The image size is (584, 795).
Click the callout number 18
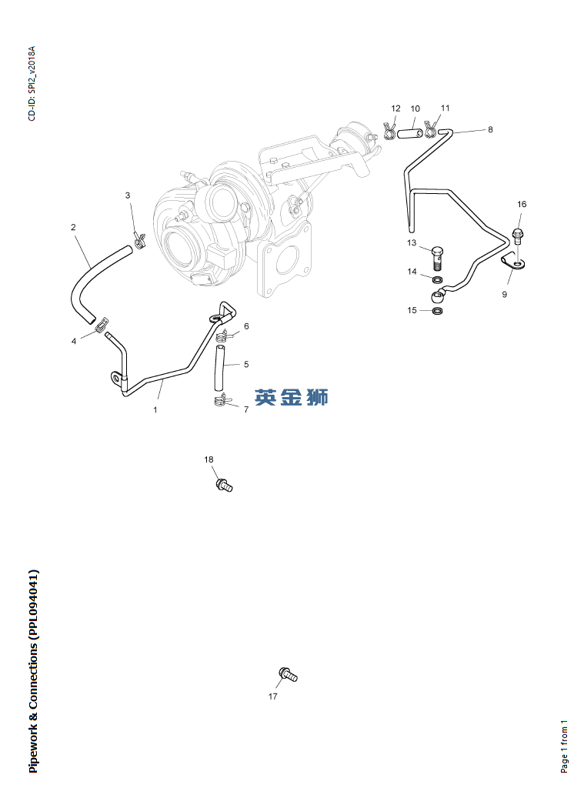tap(209, 459)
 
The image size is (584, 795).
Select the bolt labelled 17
tap(288, 675)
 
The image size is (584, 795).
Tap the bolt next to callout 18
tap(224, 485)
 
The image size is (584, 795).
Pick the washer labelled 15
tap(438, 310)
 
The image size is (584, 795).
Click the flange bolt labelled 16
tap(518, 237)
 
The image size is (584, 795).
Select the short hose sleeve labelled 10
tap(409, 134)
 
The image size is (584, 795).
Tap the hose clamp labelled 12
tap(389, 132)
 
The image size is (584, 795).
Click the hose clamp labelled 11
tap(431, 130)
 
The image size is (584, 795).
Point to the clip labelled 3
tap(139, 237)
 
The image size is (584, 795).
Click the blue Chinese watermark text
tap(291, 397)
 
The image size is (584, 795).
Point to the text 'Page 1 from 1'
tap(564, 747)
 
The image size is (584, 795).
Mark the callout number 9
tap(505, 294)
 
